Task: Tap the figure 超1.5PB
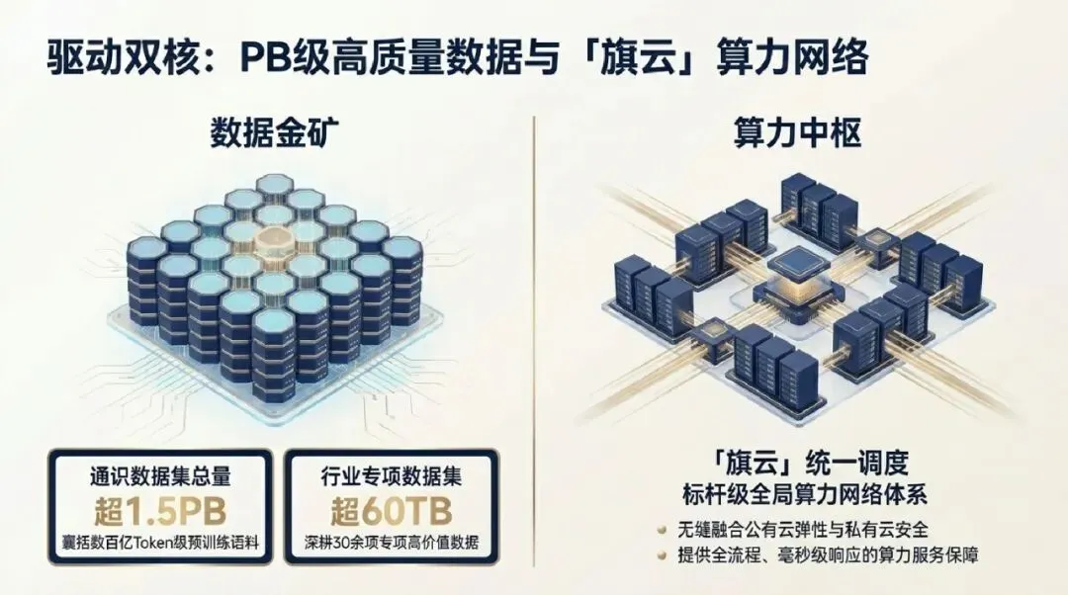[x=160, y=512]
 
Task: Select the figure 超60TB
[x=392, y=512]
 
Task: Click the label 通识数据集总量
[x=160, y=476]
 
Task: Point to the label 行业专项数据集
[x=392, y=476]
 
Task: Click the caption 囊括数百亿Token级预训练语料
[x=160, y=544]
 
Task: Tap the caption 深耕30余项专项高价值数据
[x=392, y=544]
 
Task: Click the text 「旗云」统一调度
[x=795, y=463]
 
